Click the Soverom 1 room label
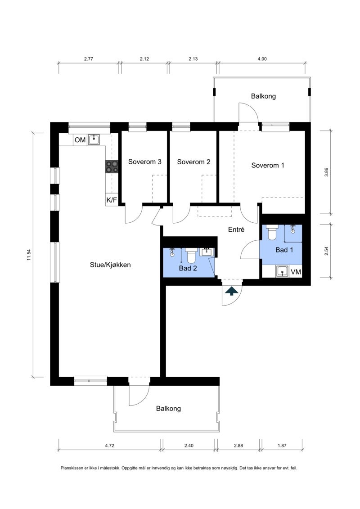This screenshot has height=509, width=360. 268,165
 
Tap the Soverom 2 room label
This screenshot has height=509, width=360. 193,162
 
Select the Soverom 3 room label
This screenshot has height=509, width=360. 145,162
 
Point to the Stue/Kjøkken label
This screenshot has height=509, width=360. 110,265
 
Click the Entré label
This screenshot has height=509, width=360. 236,230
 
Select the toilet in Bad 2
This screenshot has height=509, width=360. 192,256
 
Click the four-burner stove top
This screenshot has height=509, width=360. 111,167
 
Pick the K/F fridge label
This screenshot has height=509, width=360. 111,200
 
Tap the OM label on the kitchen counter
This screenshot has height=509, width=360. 80,140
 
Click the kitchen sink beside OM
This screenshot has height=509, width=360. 94,140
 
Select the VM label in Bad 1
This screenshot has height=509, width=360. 296,272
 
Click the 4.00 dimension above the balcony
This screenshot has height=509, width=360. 262,59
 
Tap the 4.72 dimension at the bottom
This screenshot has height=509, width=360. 109,446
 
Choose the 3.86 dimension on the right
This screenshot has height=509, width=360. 327,172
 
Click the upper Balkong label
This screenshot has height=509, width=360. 263,96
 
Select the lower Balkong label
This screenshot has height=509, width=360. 168,409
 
